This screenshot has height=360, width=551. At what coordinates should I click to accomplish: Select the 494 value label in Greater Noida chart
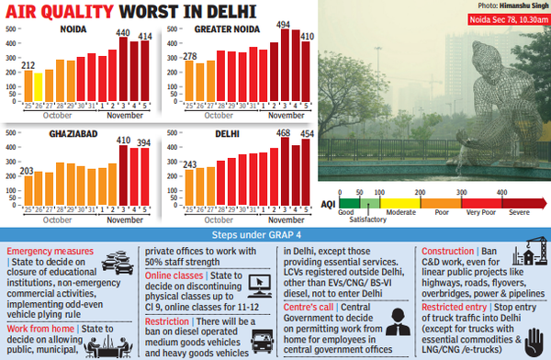coord(285,26)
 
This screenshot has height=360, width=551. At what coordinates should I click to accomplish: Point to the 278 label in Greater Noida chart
coord(191,56)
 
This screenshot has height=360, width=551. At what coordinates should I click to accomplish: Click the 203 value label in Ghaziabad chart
coord(28,170)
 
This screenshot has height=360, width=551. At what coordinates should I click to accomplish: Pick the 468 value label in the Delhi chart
coord(284,132)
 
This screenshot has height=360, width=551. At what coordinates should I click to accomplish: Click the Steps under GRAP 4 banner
coord(275,236)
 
